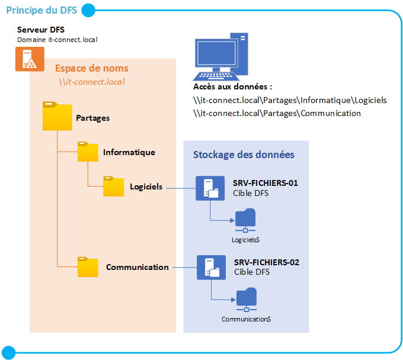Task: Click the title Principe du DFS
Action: [x=40, y=10]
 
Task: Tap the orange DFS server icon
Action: [x=26, y=59]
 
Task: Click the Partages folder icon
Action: [x=57, y=116]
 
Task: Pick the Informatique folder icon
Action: [x=88, y=152]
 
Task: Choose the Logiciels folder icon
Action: [x=113, y=187]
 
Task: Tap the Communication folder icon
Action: [x=88, y=267]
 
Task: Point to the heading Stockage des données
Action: [x=244, y=155]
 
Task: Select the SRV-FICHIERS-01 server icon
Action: [x=210, y=187]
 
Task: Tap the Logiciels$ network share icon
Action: [x=245, y=220]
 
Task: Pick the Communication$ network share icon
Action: [x=246, y=300]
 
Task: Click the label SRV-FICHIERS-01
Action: [x=265, y=183]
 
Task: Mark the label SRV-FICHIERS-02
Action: [x=266, y=262]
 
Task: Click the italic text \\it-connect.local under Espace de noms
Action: [x=91, y=82]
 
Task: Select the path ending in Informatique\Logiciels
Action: [x=290, y=100]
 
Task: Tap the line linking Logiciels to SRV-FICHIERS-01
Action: [x=180, y=188]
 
